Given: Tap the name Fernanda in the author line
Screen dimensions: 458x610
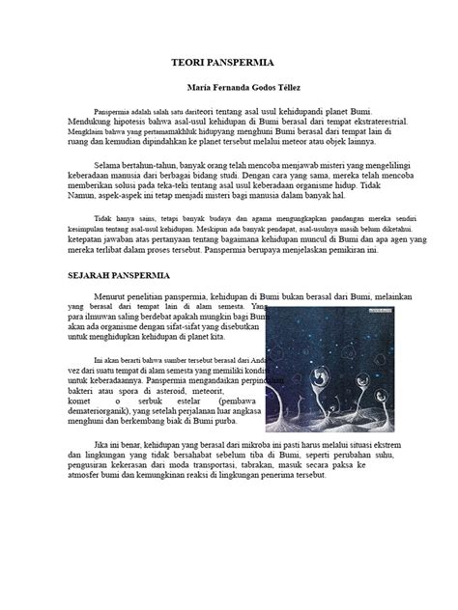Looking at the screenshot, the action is click(x=222, y=88).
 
